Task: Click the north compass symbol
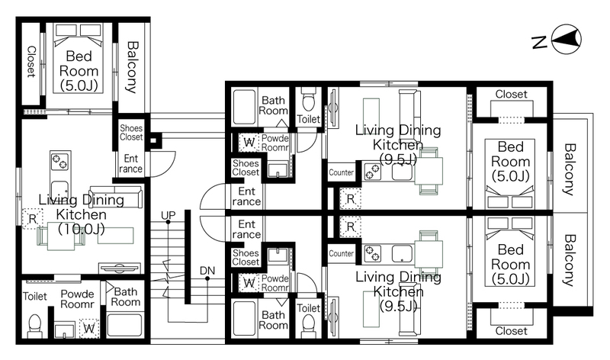coord(567,40)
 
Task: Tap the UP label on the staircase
coord(168,215)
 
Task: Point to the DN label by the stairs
coord(207,271)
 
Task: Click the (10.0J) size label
coord(82,229)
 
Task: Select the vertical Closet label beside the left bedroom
coord(31,62)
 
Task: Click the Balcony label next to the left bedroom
coord(132,67)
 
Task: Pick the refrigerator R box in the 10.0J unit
coord(32,219)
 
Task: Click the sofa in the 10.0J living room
coord(116,197)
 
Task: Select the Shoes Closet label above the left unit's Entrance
coord(131,132)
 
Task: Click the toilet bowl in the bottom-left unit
coord(34,326)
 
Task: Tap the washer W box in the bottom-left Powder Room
coord(89,329)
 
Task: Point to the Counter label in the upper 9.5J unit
coord(341,172)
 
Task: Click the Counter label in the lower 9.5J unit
coord(341,253)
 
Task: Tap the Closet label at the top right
coord(511,94)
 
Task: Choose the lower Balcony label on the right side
coord(569,260)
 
